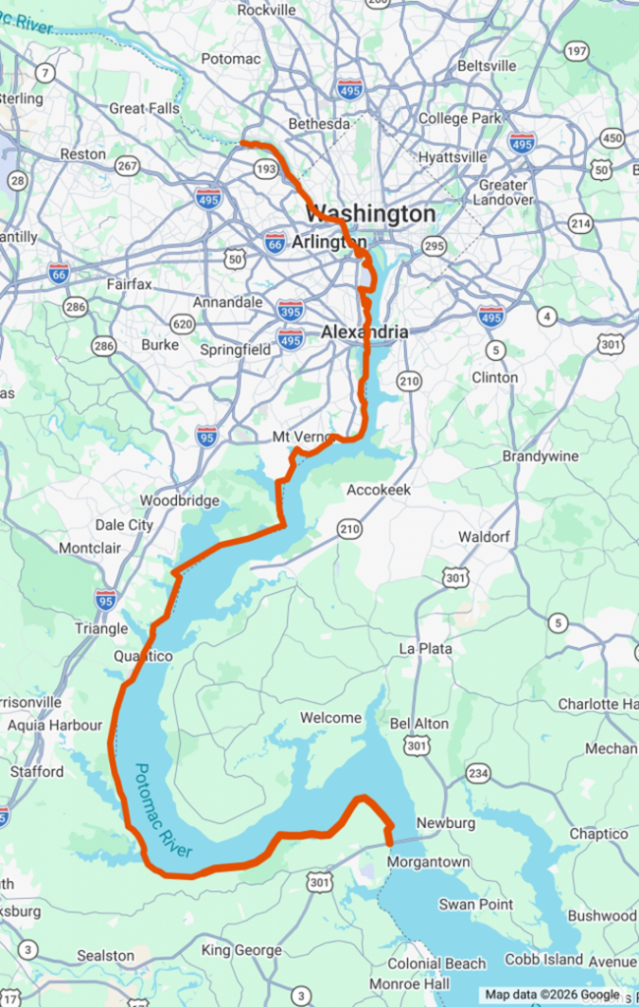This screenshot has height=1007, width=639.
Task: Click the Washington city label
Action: [x=370, y=213]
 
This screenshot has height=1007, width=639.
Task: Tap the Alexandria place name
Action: [x=365, y=332]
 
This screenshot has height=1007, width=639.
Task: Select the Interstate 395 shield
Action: [x=290, y=310]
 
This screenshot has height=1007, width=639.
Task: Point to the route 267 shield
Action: [x=128, y=166]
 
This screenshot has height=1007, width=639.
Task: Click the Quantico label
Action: [x=144, y=656]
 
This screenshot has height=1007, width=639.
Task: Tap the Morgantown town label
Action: [x=429, y=862]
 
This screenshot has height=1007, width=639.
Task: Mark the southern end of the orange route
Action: [x=390, y=843]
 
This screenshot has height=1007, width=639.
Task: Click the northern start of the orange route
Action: [x=243, y=144]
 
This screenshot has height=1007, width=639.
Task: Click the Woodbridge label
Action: [x=179, y=501]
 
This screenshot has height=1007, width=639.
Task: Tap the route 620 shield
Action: [x=182, y=323]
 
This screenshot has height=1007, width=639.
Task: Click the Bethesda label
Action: [x=319, y=124]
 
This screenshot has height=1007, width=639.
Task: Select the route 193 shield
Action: [x=265, y=170]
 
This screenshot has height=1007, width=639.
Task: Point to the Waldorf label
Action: [x=482, y=537]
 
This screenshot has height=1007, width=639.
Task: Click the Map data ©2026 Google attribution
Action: [x=552, y=995]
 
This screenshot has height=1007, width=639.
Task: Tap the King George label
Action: [x=242, y=950]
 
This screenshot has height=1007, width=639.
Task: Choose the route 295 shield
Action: [x=434, y=246]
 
